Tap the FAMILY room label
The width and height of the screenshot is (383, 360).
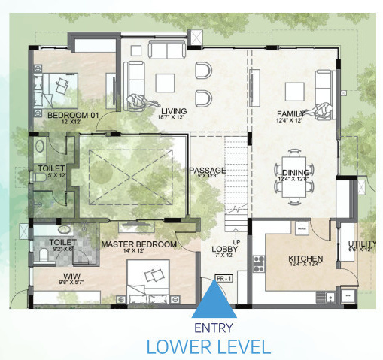(290, 113)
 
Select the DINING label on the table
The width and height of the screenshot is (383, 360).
(296, 172)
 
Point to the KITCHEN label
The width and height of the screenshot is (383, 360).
(305, 259)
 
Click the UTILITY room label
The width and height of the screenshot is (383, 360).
(362, 243)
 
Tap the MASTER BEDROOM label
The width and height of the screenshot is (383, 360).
(138, 244)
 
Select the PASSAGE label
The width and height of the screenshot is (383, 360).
(208, 171)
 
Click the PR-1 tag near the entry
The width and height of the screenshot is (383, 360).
(222, 279)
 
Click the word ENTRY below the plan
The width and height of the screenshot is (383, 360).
(214, 328)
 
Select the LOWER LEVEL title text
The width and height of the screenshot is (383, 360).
(208, 346)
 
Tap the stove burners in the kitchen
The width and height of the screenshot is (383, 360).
(260, 263)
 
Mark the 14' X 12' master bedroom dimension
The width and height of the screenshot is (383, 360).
(139, 252)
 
